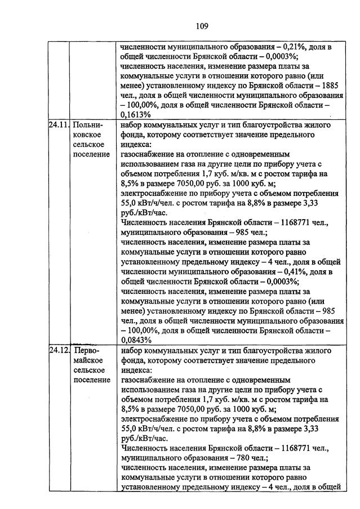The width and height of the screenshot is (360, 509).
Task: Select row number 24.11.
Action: [x=57, y=125]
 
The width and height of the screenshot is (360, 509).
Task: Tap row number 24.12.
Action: [x=57, y=350]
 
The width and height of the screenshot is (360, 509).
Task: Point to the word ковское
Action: [x=87, y=135]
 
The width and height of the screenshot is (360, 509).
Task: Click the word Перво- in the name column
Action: [x=87, y=350]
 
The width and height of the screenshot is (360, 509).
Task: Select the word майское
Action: [x=88, y=360]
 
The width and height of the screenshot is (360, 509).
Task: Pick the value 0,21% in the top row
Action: [x=297, y=47]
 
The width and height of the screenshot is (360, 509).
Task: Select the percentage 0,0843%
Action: [x=136, y=340]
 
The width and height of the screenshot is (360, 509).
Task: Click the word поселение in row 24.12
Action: [x=92, y=379]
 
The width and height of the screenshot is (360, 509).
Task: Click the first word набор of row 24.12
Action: [x=133, y=350]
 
